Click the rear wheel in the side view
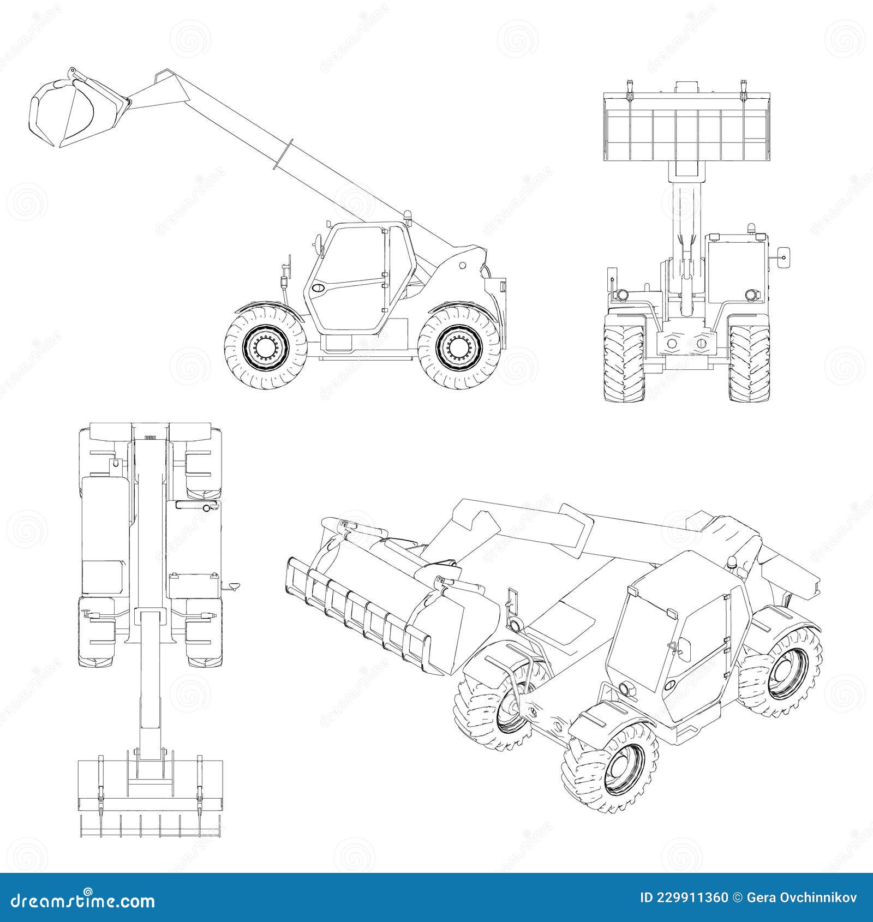pos(459,348)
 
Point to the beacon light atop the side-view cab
pos(407,217)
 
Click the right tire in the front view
pos(749,362)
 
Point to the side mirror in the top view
pos(234,586)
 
